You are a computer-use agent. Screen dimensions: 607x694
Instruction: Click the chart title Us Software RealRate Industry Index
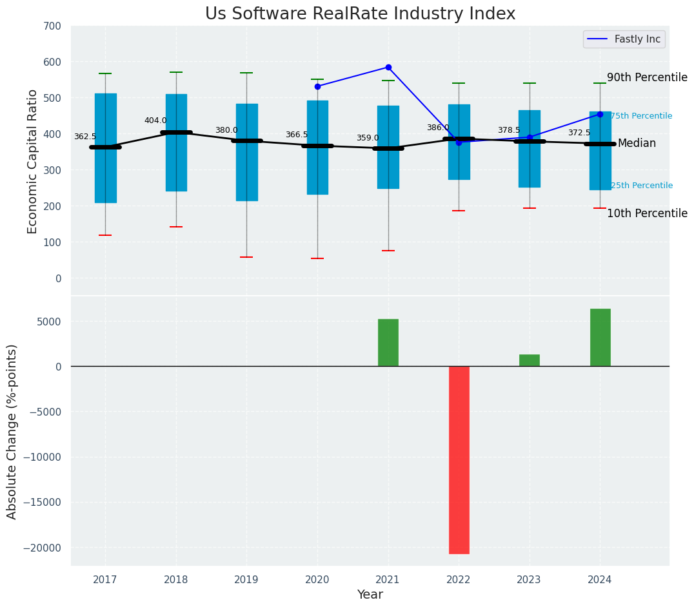360,14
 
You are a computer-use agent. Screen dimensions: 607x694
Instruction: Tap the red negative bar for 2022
459,459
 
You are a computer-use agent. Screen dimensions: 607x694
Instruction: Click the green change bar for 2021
388,342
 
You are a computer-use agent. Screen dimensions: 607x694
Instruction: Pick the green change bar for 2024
600,337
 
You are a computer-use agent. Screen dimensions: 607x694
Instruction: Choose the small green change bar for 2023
530,360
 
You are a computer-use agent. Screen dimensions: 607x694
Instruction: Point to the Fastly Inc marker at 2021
388,67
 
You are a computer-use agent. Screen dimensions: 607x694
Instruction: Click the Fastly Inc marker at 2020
317,86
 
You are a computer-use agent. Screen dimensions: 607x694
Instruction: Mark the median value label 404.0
155,120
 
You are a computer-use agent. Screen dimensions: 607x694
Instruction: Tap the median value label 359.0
368,138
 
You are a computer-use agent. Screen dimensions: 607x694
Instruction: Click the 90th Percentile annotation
647,77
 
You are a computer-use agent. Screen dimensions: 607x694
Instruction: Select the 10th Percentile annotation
647,213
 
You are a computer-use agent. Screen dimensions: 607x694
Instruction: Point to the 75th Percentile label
641,116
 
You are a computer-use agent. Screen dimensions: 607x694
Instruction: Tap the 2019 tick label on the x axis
246,580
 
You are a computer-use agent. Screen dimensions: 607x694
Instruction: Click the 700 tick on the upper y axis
52,26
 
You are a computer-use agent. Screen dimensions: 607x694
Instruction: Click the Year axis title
370,595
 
